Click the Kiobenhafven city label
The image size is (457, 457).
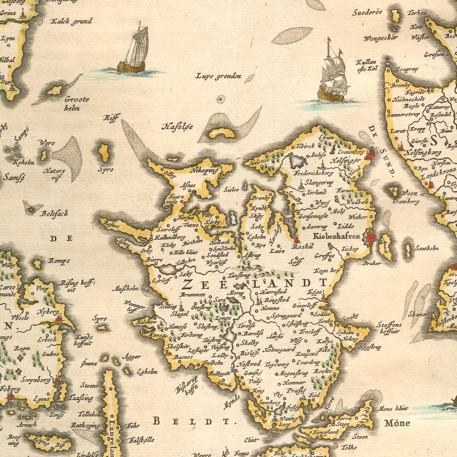click(x=336, y=236)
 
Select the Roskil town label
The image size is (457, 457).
click(x=303, y=247)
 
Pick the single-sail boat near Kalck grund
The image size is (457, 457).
click(x=133, y=52)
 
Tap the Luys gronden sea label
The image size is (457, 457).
click(x=218, y=76)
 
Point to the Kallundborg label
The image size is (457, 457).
click(x=170, y=237)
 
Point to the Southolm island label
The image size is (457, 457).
click(x=427, y=248)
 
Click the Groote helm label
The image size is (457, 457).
click(x=77, y=104)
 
